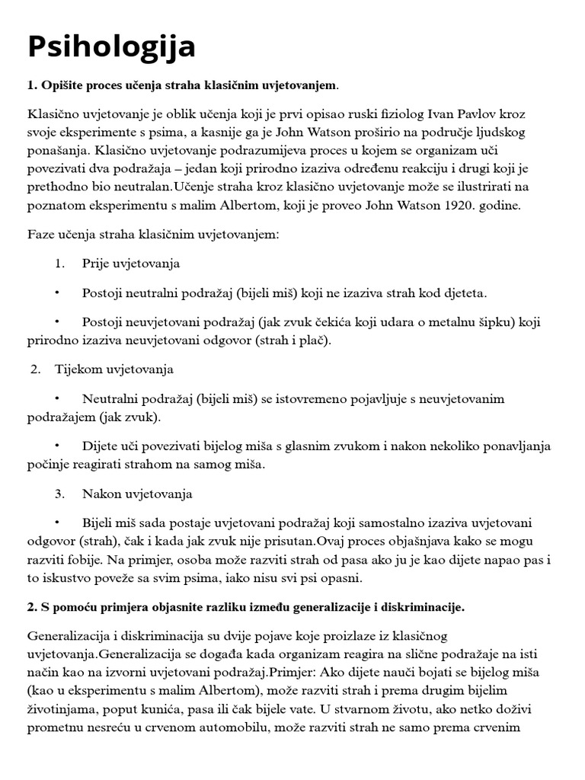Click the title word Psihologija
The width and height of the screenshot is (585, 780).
[x=112, y=46]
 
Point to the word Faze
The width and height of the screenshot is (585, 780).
[x=41, y=235]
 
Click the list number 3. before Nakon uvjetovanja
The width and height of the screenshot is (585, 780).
[x=60, y=494]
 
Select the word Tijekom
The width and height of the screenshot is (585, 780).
[x=77, y=369]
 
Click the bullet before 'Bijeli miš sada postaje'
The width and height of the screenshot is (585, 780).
[x=57, y=523]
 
